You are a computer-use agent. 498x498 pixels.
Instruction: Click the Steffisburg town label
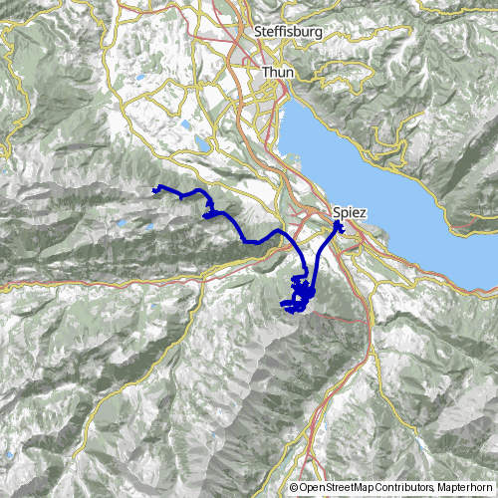click(289, 32)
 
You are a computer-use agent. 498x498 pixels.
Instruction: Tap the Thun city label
click(276, 73)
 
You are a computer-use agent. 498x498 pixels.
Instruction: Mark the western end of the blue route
click(153, 189)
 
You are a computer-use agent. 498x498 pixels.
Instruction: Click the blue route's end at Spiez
click(339, 226)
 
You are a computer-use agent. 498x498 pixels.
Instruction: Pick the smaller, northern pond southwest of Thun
click(184, 126)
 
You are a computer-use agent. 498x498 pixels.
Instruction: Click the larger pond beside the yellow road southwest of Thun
click(203, 144)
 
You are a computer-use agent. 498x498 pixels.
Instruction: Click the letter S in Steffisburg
click(258, 32)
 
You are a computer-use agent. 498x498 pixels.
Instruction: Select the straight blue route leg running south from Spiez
click(321, 261)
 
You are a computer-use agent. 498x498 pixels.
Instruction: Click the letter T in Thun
click(266, 73)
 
